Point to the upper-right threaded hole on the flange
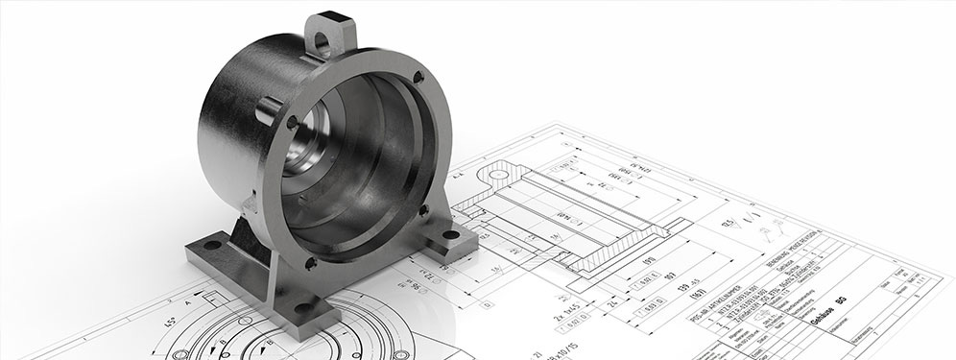[418, 77]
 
